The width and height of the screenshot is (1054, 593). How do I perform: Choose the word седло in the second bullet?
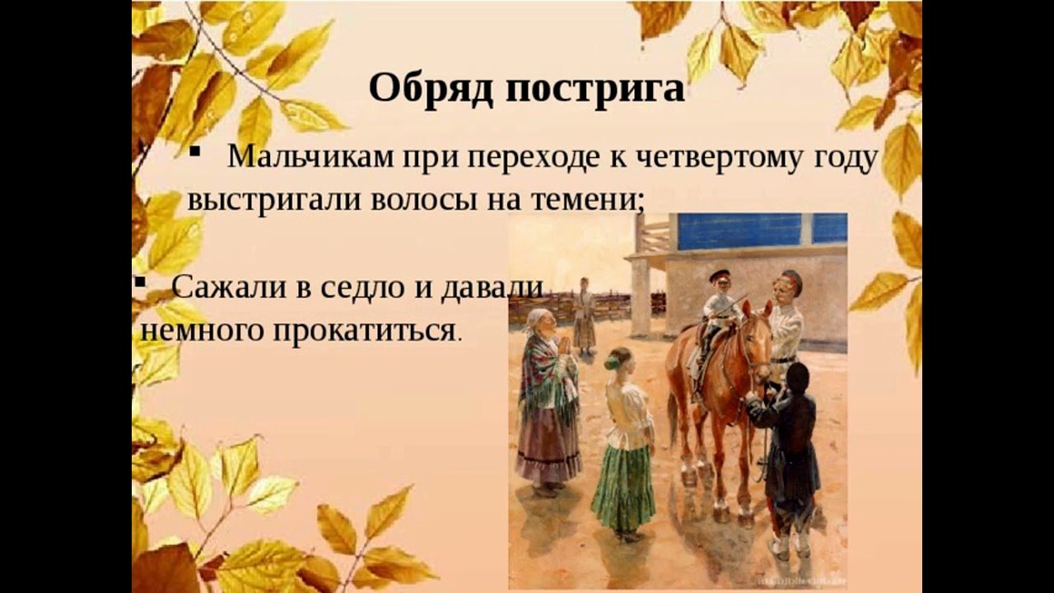361,287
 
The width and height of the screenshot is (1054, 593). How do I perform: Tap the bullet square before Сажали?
139,282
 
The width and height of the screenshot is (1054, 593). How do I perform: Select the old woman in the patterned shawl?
548,400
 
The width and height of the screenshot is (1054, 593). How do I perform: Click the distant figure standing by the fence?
584,315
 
